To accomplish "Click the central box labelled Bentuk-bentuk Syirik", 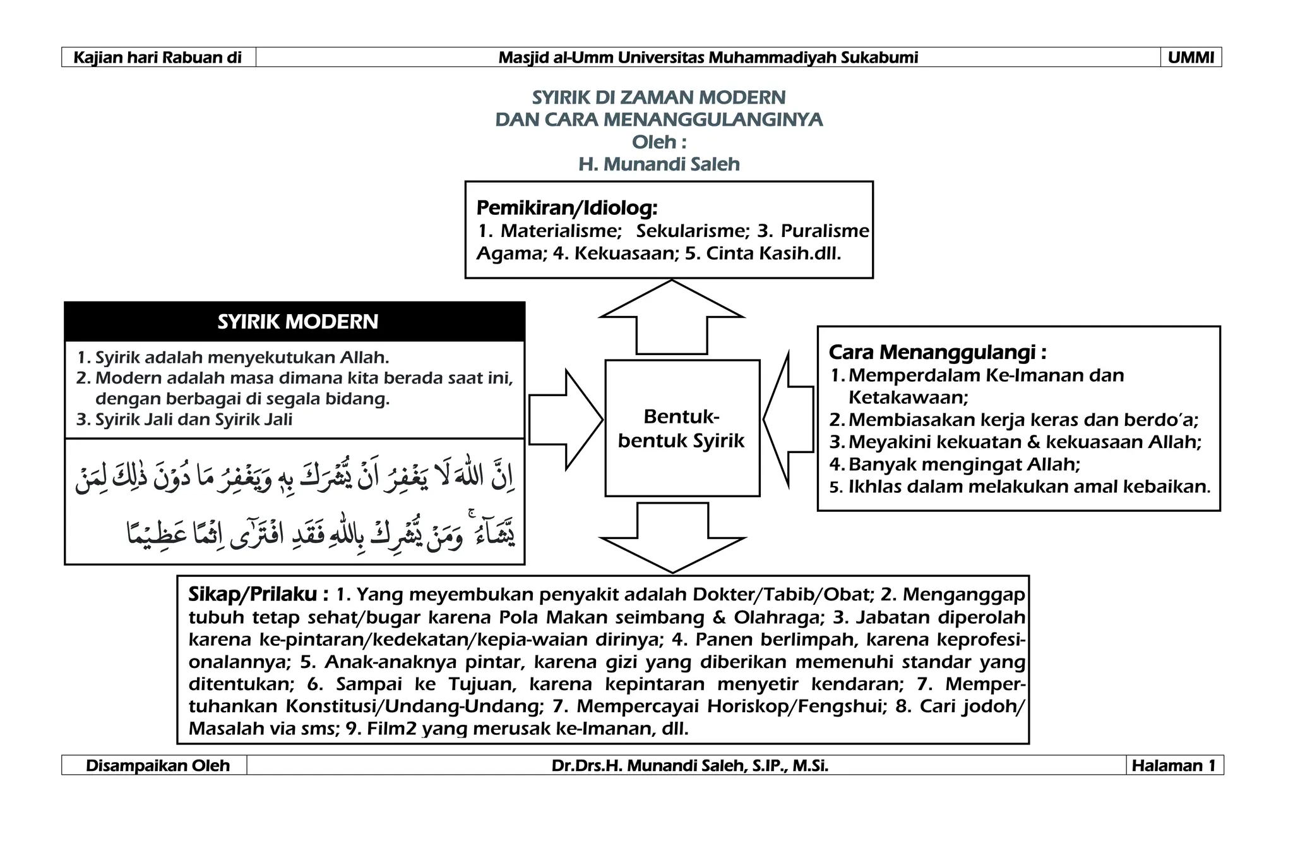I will pos(682,428).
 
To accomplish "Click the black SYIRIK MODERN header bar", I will pos(295,322).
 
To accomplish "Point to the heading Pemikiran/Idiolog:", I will pos(566,207).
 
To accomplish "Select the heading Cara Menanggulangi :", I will pos(938,352).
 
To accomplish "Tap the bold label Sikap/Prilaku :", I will pos(258,595).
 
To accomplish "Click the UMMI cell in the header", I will pos(1191,58).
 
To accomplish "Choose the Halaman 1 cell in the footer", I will pos(1174,766).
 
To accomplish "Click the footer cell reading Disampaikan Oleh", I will pos(157,766).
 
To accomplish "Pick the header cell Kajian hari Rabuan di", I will pos(158,58).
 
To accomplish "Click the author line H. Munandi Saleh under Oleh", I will pos(658,164).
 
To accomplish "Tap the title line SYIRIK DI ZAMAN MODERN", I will pos(658,97).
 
